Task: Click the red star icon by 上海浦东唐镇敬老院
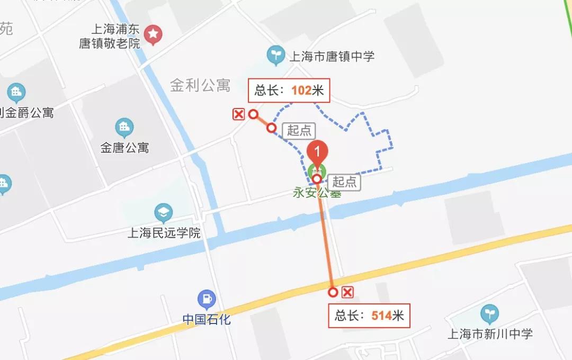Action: [x=154, y=35]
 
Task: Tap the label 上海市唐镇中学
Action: [x=332, y=56]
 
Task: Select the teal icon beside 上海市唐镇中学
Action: [x=275, y=56]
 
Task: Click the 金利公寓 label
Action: [x=200, y=85]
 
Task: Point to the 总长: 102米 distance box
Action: [x=289, y=91]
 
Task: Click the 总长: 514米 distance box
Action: [x=369, y=316]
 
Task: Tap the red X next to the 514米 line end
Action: [x=348, y=292]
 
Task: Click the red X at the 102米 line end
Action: [x=239, y=114]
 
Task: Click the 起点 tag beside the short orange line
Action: [x=300, y=130]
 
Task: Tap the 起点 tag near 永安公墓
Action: [x=344, y=182]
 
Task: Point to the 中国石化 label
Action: [x=207, y=320]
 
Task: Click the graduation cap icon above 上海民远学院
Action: [x=164, y=213]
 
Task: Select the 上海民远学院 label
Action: [x=164, y=232]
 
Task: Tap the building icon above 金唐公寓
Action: [x=124, y=127]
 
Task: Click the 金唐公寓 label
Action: [x=124, y=148]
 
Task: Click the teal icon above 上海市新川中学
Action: [x=489, y=314]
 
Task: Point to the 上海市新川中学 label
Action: [x=490, y=334]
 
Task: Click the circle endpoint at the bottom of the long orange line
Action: [x=333, y=292]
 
